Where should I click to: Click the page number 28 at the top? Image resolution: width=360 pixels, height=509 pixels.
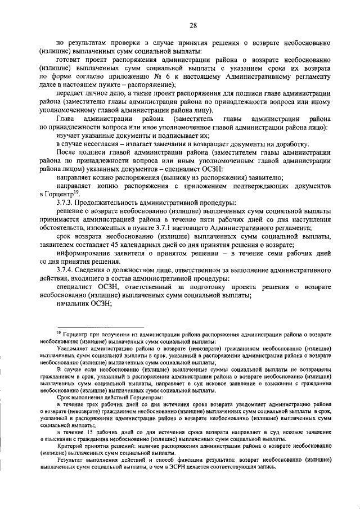(x=193, y=25)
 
